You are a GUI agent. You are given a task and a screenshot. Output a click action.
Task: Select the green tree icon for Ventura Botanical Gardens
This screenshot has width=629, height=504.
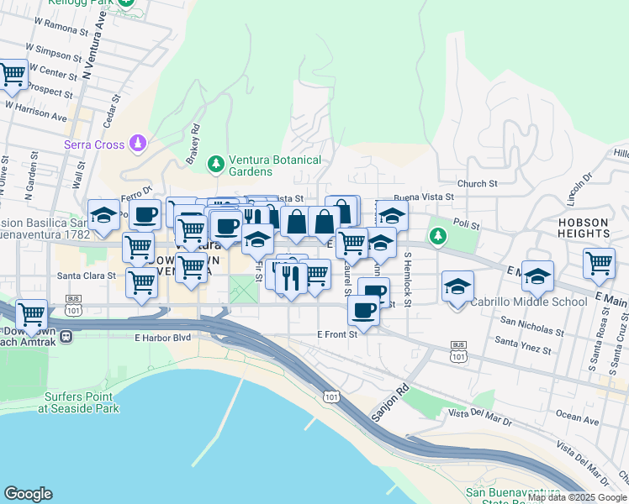pos(216,162)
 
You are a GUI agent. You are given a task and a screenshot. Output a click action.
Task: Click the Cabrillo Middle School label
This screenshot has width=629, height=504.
pos(528,302)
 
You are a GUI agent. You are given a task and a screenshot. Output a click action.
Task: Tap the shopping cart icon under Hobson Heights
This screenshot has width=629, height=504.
pos(599,262)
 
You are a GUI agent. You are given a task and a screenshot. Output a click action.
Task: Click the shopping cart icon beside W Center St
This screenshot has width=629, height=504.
pos(12,76)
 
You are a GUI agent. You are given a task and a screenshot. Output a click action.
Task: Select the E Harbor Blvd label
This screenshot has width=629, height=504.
pos(162,338)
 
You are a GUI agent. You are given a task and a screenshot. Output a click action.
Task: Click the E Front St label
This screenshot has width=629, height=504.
pos(337,333)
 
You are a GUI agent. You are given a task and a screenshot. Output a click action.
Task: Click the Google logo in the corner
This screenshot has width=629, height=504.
pos(28,494)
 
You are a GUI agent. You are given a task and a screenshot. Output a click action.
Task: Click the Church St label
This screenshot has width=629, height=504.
pos(478,183)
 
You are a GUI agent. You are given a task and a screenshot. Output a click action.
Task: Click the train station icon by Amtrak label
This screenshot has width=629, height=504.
pos(66,337)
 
